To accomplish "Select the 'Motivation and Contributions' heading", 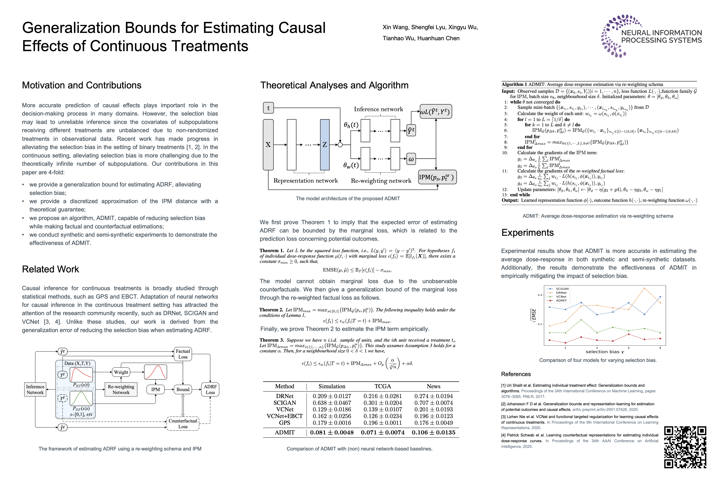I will point(82,85).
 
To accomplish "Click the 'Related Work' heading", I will point(50,269).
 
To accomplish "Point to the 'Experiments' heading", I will point(527,233).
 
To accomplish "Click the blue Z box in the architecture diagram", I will point(325,145).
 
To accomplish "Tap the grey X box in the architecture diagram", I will point(268,145).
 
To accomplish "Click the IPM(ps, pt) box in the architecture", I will point(437,177).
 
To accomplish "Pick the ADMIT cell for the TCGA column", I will point(382,432).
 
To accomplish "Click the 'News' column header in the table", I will point(433,386).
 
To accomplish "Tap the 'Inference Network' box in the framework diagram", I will point(35,390).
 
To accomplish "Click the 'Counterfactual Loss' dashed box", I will point(183,424).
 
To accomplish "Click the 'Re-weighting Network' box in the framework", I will point(121,390).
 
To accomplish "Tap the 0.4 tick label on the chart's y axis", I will point(540,295).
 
